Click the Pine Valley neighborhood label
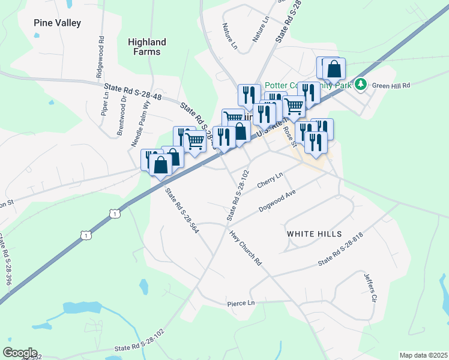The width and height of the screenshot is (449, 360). coord(57,23)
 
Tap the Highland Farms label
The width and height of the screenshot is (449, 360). coord(146,47)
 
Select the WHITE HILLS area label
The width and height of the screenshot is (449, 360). coord(314,233)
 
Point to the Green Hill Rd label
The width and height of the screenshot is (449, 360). coord(390,86)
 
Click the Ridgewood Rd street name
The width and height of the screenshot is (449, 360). coord(99,60)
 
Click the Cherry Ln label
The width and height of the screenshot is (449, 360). coord(270,180)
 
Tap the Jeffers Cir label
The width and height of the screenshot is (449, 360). coord(370,287)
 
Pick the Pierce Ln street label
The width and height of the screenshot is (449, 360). coord(241,304)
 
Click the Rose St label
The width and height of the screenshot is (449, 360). coord(291,136)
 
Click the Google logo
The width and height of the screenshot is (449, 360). coord(20,353)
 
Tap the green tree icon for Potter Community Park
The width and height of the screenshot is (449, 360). coord(361,84)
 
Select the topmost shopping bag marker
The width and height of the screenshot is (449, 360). coord(334,69)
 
